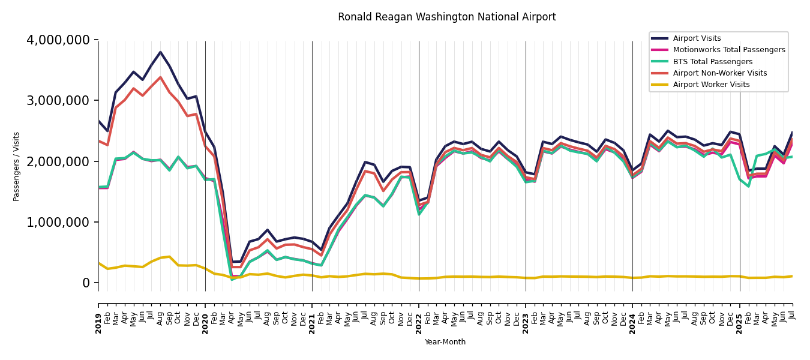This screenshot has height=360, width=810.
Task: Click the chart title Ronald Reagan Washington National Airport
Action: pyautogui.click(x=446, y=17)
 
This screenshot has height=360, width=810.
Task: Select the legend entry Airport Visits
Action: pyautogui.click(x=697, y=38)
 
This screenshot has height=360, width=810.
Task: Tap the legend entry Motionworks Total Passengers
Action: pyautogui.click(x=728, y=50)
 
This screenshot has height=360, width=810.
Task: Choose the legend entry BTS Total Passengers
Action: pyautogui.click(x=712, y=62)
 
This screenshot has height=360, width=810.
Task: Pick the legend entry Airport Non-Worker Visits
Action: pyautogui.click(x=719, y=73)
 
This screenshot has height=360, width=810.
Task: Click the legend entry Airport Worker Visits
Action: pyautogui.click(x=711, y=85)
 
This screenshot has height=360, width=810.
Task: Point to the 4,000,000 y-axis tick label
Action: pyautogui.click(x=58, y=40)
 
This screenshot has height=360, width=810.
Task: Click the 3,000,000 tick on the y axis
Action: pyautogui.click(x=58, y=101)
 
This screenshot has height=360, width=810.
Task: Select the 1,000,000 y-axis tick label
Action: pyautogui.click(x=58, y=222)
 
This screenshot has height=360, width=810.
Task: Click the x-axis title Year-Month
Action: pyautogui.click(x=445, y=342)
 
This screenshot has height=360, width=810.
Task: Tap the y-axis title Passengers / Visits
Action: pyautogui.click(x=16, y=166)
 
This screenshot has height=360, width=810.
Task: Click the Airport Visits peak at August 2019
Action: pyautogui.click(x=160, y=52)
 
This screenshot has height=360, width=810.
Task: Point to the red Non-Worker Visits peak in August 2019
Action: pyautogui.click(x=160, y=77)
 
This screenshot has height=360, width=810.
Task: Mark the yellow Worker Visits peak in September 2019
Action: pyautogui.click(x=169, y=257)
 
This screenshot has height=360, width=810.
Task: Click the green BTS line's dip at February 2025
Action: pyautogui.click(x=748, y=186)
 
